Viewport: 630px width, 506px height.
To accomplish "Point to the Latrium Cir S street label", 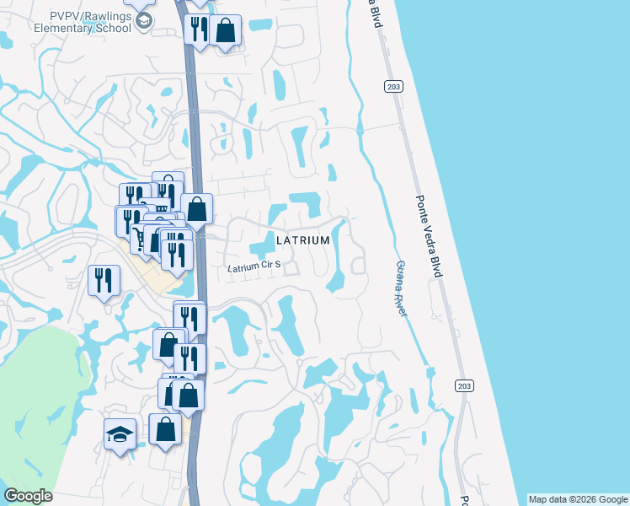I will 254,267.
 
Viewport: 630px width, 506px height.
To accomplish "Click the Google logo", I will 28,496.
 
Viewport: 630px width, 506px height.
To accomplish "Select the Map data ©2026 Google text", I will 579,499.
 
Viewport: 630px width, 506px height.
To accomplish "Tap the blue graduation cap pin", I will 120,435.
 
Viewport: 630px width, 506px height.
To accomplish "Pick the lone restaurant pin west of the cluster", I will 104,281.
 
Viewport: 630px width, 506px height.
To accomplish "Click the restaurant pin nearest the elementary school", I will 199,29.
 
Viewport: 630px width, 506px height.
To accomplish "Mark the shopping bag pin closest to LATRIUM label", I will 196,209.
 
